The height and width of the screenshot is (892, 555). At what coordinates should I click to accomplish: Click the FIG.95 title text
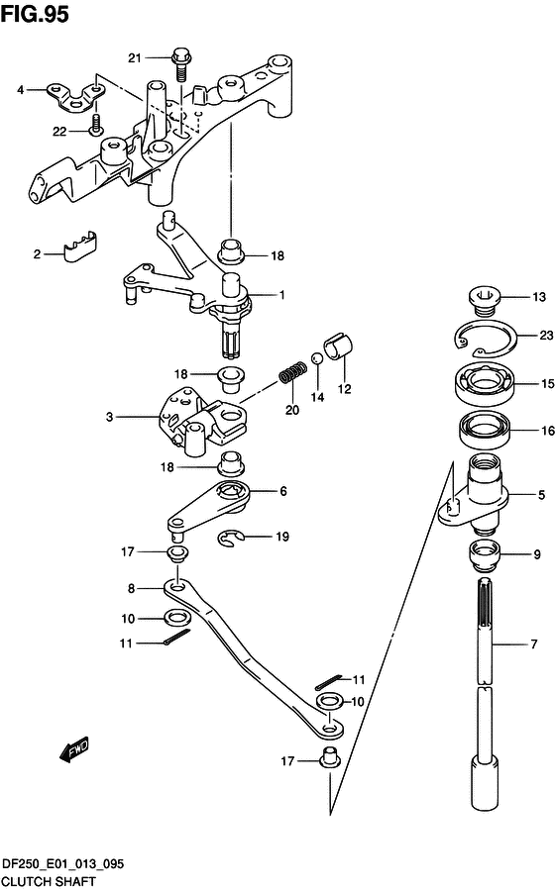point(35,14)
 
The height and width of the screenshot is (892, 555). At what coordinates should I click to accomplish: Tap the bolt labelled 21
point(181,66)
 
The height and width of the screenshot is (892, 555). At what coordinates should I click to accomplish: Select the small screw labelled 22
point(95,125)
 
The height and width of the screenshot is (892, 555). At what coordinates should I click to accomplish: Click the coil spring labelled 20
point(293,372)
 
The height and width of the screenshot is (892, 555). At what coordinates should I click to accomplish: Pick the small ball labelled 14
point(317,359)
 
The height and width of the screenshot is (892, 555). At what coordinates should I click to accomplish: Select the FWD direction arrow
point(74,748)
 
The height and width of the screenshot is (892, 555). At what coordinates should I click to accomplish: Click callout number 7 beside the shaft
point(534,644)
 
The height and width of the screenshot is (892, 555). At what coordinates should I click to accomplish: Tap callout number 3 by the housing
point(109,417)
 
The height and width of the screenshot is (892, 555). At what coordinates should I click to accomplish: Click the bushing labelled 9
point(484,554)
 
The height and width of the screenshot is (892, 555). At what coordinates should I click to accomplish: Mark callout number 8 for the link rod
point(132,588)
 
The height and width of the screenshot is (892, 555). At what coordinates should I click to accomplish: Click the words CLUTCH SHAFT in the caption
point(49,882)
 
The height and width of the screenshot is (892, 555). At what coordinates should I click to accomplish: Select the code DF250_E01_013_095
point(62,864)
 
